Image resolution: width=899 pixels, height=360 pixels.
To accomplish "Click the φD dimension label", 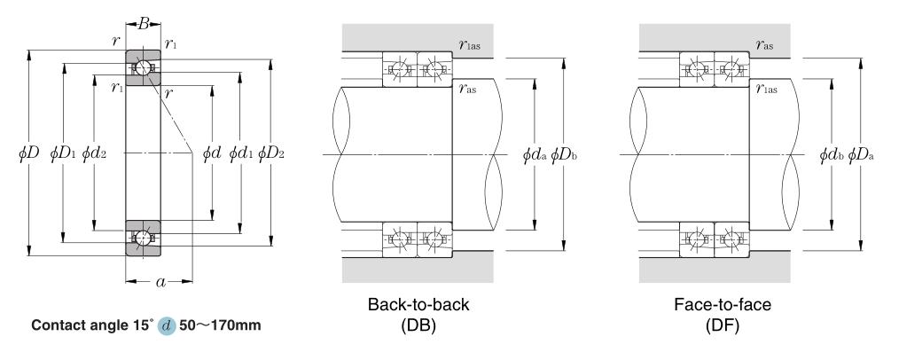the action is coord(28,153).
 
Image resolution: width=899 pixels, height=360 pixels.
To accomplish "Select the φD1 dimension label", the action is coord(63,153).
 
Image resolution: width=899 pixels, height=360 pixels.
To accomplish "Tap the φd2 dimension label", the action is coord(94,153).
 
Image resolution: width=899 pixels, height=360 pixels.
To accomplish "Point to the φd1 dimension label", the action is coord(241,153).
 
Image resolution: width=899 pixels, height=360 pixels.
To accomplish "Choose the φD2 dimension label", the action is coord(271,153).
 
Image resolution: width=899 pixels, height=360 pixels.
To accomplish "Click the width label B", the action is coord(144,24).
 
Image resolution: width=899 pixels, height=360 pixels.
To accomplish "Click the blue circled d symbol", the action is coord(167,326).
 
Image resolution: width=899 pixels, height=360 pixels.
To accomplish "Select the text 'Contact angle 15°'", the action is coord(92,325).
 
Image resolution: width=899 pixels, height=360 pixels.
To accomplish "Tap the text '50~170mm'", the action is coord(220,325).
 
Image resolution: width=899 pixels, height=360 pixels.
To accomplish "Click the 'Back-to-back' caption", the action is coord(418,304).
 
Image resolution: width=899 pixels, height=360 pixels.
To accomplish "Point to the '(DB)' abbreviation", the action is coord(418,325).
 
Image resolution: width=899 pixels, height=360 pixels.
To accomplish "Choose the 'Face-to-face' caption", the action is coord(723,304).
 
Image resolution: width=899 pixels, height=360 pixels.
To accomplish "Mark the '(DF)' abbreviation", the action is coord(723,325).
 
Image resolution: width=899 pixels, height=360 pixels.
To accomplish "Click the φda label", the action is coord(535,155).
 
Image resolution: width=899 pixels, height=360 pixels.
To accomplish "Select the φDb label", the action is coord(564,155).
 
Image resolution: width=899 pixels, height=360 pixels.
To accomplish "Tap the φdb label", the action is coord(832,155).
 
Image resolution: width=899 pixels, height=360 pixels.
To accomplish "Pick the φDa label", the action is coord(861,155).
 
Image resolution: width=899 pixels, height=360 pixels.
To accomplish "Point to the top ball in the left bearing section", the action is coord(142,67).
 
